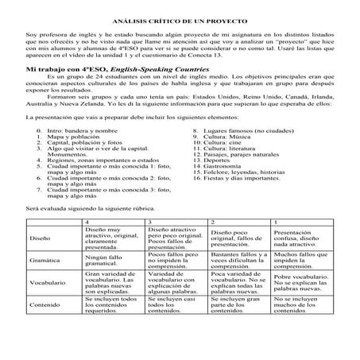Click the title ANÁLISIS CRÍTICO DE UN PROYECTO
click(180, 17)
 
